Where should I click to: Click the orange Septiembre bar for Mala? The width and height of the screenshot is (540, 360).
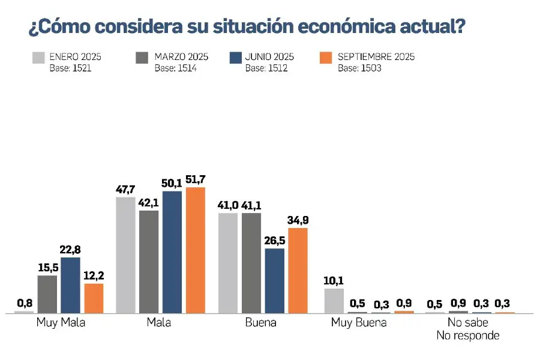tap(195, 250)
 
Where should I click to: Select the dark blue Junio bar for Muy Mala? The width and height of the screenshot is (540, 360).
tap(70, 285)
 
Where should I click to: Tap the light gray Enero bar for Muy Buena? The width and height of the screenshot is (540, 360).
tap(334, 301)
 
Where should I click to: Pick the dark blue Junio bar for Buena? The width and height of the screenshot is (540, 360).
tap(274, 280)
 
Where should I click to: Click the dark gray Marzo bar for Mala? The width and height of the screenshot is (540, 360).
tap(149, 262)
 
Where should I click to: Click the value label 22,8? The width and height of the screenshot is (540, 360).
tap(70, 249)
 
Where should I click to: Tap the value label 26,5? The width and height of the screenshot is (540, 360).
tap(274, 240)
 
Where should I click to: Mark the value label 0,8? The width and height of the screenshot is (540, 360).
tap(24, 303)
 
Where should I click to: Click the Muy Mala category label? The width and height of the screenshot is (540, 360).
tap(61, 323)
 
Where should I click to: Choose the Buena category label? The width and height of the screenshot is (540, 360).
tap(261, 323)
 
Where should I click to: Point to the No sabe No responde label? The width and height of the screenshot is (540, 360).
tap(468, 329)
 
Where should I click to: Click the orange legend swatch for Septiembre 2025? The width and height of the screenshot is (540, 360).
tap(327, 58)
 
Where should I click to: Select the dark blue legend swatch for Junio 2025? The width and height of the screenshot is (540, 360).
tap(235, 58)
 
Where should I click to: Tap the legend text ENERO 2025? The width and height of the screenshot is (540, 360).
tap(75, 57)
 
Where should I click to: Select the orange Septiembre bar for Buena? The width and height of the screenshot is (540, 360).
tap(298, 270)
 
